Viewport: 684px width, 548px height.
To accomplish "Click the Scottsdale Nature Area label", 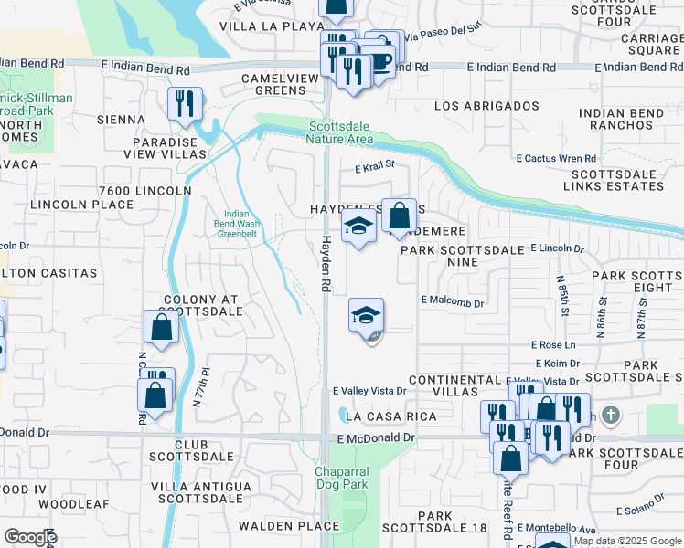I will coord(341,132).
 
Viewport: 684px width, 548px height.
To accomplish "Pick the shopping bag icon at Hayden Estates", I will coord(399,217).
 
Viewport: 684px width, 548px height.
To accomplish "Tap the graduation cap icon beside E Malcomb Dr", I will coord(367,317).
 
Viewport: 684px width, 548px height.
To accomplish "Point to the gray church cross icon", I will coord(611,416).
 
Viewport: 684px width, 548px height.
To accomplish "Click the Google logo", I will coord(29,537).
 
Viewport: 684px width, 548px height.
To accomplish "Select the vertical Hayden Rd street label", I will coord(325,261).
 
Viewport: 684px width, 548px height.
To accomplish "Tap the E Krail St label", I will coord(374,165).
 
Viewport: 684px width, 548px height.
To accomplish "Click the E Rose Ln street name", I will coord(554,345).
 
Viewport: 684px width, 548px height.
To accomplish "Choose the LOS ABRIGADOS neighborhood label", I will coord(486,106).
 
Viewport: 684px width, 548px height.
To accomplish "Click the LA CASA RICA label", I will coord(392,416).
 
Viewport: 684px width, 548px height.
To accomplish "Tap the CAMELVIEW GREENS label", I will coord(273,85).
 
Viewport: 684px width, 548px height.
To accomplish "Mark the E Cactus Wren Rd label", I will coord(556,158).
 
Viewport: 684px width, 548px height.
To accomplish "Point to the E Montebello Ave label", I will coord(556,528).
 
